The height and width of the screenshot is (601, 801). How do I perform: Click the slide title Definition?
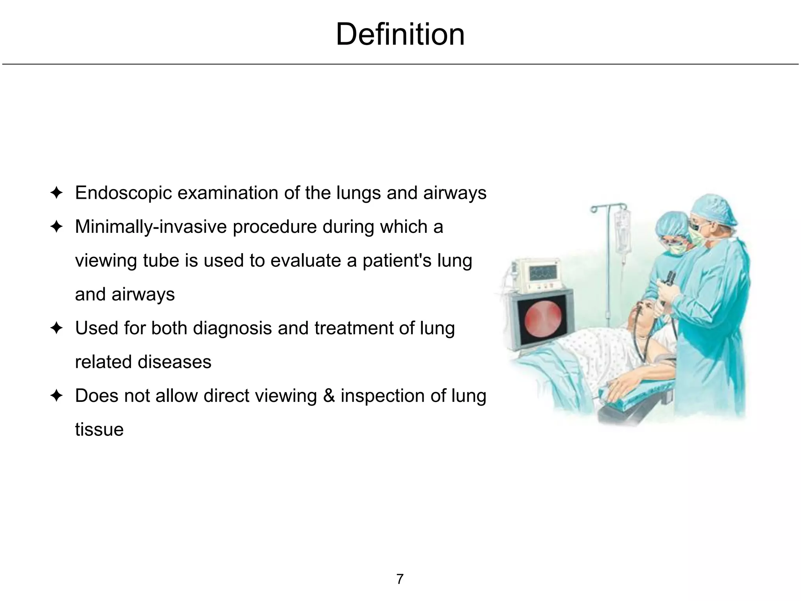click(400, 34)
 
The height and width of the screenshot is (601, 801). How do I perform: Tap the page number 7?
click(400, 579)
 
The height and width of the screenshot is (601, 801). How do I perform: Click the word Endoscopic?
click(123, 193)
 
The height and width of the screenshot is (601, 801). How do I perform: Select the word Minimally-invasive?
click(151, 227)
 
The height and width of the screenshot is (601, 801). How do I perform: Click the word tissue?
click(99, 429)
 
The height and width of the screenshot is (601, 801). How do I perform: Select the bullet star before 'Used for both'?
click(57, 328)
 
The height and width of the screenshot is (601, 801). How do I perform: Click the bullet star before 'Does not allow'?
click(57, 396)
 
